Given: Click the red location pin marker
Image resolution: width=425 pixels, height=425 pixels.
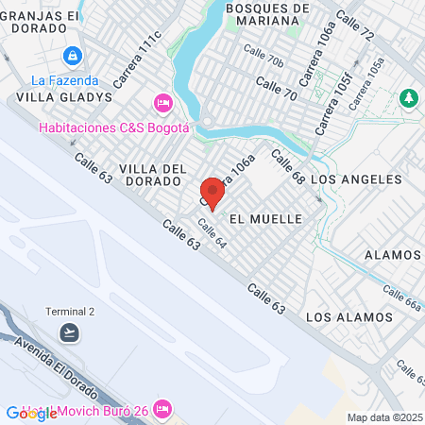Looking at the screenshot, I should pos(212,194).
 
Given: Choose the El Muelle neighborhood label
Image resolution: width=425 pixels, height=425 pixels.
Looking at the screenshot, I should pos(265,218).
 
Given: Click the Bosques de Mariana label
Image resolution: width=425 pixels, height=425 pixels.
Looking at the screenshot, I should pos(269,14).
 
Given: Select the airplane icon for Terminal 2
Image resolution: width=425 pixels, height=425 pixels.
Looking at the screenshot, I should pos(69,331).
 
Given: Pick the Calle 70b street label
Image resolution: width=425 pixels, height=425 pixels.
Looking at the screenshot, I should pos(263,56).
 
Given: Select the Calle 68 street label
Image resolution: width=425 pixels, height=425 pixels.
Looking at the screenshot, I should pos(288,167).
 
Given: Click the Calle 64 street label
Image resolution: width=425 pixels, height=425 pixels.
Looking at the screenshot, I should pos(212,235).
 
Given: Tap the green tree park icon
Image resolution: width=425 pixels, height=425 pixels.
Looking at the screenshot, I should pos(408,97).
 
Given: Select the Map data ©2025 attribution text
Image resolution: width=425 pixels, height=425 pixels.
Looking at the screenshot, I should pos(385,417).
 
